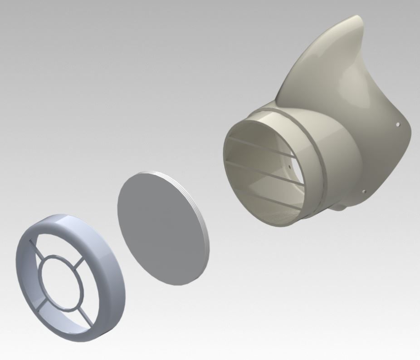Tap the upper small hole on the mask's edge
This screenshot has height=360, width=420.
pyautogui.click(x=398, y=123)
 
